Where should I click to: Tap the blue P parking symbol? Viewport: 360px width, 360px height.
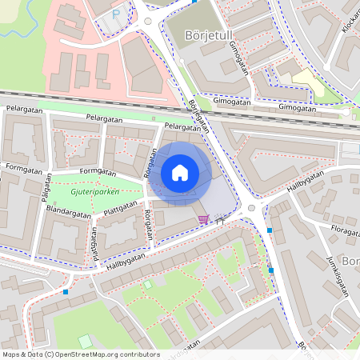117,14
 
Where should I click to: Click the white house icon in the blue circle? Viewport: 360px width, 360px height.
180,173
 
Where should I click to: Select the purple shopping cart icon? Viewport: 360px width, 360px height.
204,219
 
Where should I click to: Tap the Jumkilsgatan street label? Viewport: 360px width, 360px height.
338,276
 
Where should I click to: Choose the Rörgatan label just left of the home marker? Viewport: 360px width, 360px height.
148,163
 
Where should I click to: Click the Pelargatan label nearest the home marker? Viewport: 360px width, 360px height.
182,126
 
